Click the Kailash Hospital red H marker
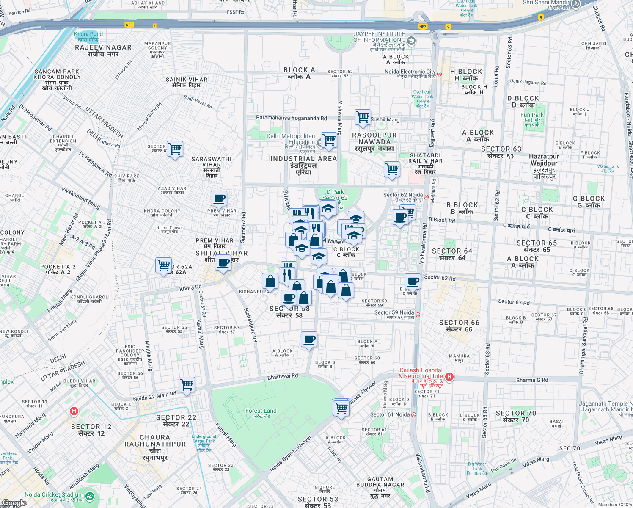click(449, 376)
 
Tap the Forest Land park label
click(261, 413)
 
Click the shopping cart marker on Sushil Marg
click(363, 117)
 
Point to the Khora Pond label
click(88, 36)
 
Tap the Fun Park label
click(532, 117)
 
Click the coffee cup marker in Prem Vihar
click(219, 198)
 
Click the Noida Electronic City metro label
click(410, 74)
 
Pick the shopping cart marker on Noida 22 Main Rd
click(187, 385)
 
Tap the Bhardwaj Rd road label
click(283, 376)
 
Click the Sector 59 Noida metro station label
click(394, 315)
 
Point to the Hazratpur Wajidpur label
click(544, 166)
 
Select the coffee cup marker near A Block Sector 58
click(309, 340)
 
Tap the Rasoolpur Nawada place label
click(374, 141)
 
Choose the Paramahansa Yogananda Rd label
click(291, 118)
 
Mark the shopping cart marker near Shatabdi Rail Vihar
click(392, 169)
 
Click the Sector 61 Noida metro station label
click(390, 414)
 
